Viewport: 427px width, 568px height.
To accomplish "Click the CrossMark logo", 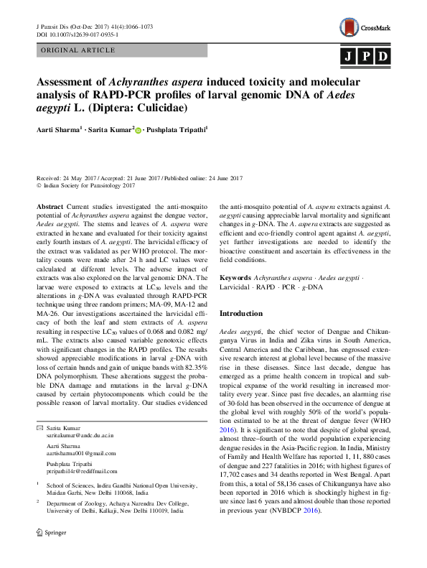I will click(x=365, y=28).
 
